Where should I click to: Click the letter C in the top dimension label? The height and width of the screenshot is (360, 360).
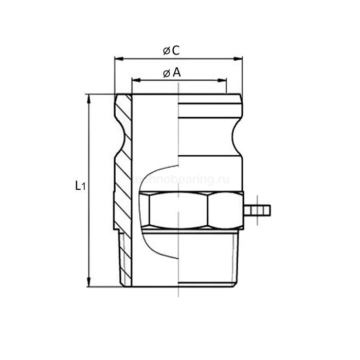coord(175,50)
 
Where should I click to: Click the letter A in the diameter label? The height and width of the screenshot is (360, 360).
coord(176,73)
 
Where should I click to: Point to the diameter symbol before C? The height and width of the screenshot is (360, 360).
coord(166,51)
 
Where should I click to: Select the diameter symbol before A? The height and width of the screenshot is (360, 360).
coord(167,74)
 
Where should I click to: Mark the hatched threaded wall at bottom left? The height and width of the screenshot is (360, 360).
coord(126,260)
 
